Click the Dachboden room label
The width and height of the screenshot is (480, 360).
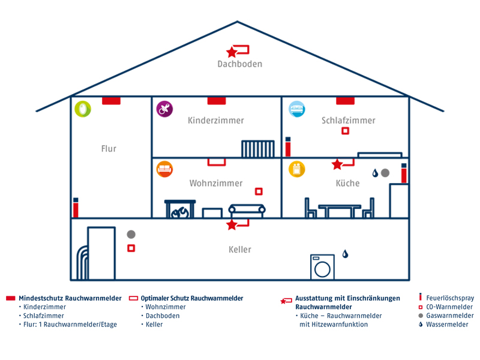240,64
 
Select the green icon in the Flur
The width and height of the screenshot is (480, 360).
83,109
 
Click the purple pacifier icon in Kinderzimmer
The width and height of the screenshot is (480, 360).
164,109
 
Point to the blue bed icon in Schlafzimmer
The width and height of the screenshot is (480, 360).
297,109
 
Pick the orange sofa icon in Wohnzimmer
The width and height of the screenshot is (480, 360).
164,169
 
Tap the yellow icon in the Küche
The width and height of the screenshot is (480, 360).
297,169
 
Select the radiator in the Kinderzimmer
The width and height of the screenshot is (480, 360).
258,149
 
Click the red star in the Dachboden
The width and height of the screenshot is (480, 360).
232,53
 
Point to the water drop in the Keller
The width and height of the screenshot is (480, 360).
345,254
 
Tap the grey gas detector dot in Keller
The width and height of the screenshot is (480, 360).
131,235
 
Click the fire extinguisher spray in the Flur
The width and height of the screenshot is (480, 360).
76,208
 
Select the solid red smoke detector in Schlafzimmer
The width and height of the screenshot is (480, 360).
345,101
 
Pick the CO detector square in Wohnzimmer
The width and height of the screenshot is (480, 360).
259,191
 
